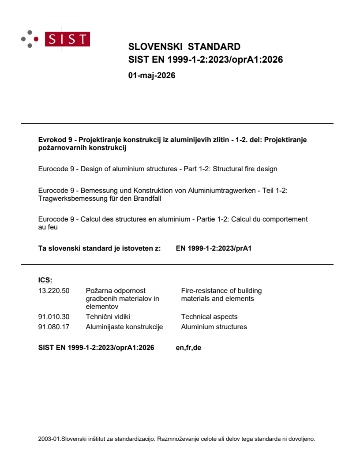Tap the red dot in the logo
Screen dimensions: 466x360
(x=36, y=39)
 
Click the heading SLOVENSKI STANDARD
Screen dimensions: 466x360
(x=184, y=47)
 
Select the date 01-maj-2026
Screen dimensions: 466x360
(x=151, y=75)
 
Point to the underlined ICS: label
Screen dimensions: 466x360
(x=45, y=280)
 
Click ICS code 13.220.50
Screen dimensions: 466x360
(x=54, y=291)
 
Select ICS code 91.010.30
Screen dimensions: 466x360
(x=54, y=316)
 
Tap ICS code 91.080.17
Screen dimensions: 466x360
(x=54, y=327)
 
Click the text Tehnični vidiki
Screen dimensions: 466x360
(x=108, y=316)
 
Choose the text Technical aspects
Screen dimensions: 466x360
(x=209, y=316)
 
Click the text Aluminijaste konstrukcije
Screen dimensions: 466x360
(x=124, y=327)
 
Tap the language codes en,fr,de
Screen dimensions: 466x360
(x=188, y=348)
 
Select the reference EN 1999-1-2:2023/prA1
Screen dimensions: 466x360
(x=214, y=248)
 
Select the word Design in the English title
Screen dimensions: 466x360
(x=91, y=169)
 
